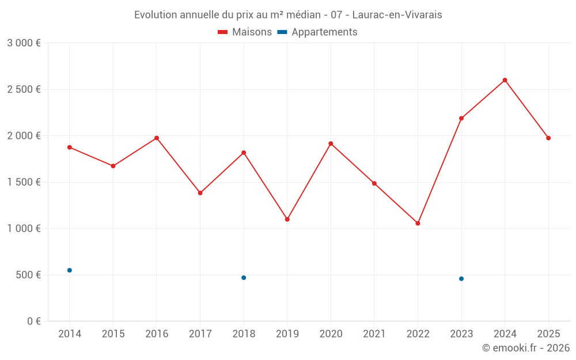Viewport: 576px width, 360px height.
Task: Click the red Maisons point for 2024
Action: (505, 80)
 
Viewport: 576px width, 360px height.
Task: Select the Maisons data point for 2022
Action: (418, 223)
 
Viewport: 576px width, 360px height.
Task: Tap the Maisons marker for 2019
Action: (287, 219)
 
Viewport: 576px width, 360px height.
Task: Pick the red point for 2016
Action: (157, 138)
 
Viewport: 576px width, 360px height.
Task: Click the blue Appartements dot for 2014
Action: (70, 270)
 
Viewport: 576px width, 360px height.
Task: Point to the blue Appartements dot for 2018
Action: (244, 278)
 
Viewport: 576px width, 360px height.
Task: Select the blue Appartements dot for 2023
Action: (461, 279)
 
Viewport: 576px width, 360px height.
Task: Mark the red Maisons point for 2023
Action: (461, 118)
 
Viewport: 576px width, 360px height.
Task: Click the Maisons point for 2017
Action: (200, 193)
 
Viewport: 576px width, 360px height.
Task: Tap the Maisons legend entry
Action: (245, 32)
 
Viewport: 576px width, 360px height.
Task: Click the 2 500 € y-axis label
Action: (24, 89)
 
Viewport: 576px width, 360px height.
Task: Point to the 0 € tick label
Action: (33, 321)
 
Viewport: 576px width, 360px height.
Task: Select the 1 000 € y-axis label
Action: (24, 229)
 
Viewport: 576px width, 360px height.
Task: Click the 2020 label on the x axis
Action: (331, 334)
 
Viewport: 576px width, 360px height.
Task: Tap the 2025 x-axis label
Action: (548, 334)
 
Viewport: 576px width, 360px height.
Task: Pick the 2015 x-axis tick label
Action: (113, 334)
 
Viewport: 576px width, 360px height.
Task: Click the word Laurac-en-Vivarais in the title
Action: (397, 15)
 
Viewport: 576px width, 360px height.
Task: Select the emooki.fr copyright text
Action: (525, 348)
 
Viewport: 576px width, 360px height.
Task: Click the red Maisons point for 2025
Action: (548, 138)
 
